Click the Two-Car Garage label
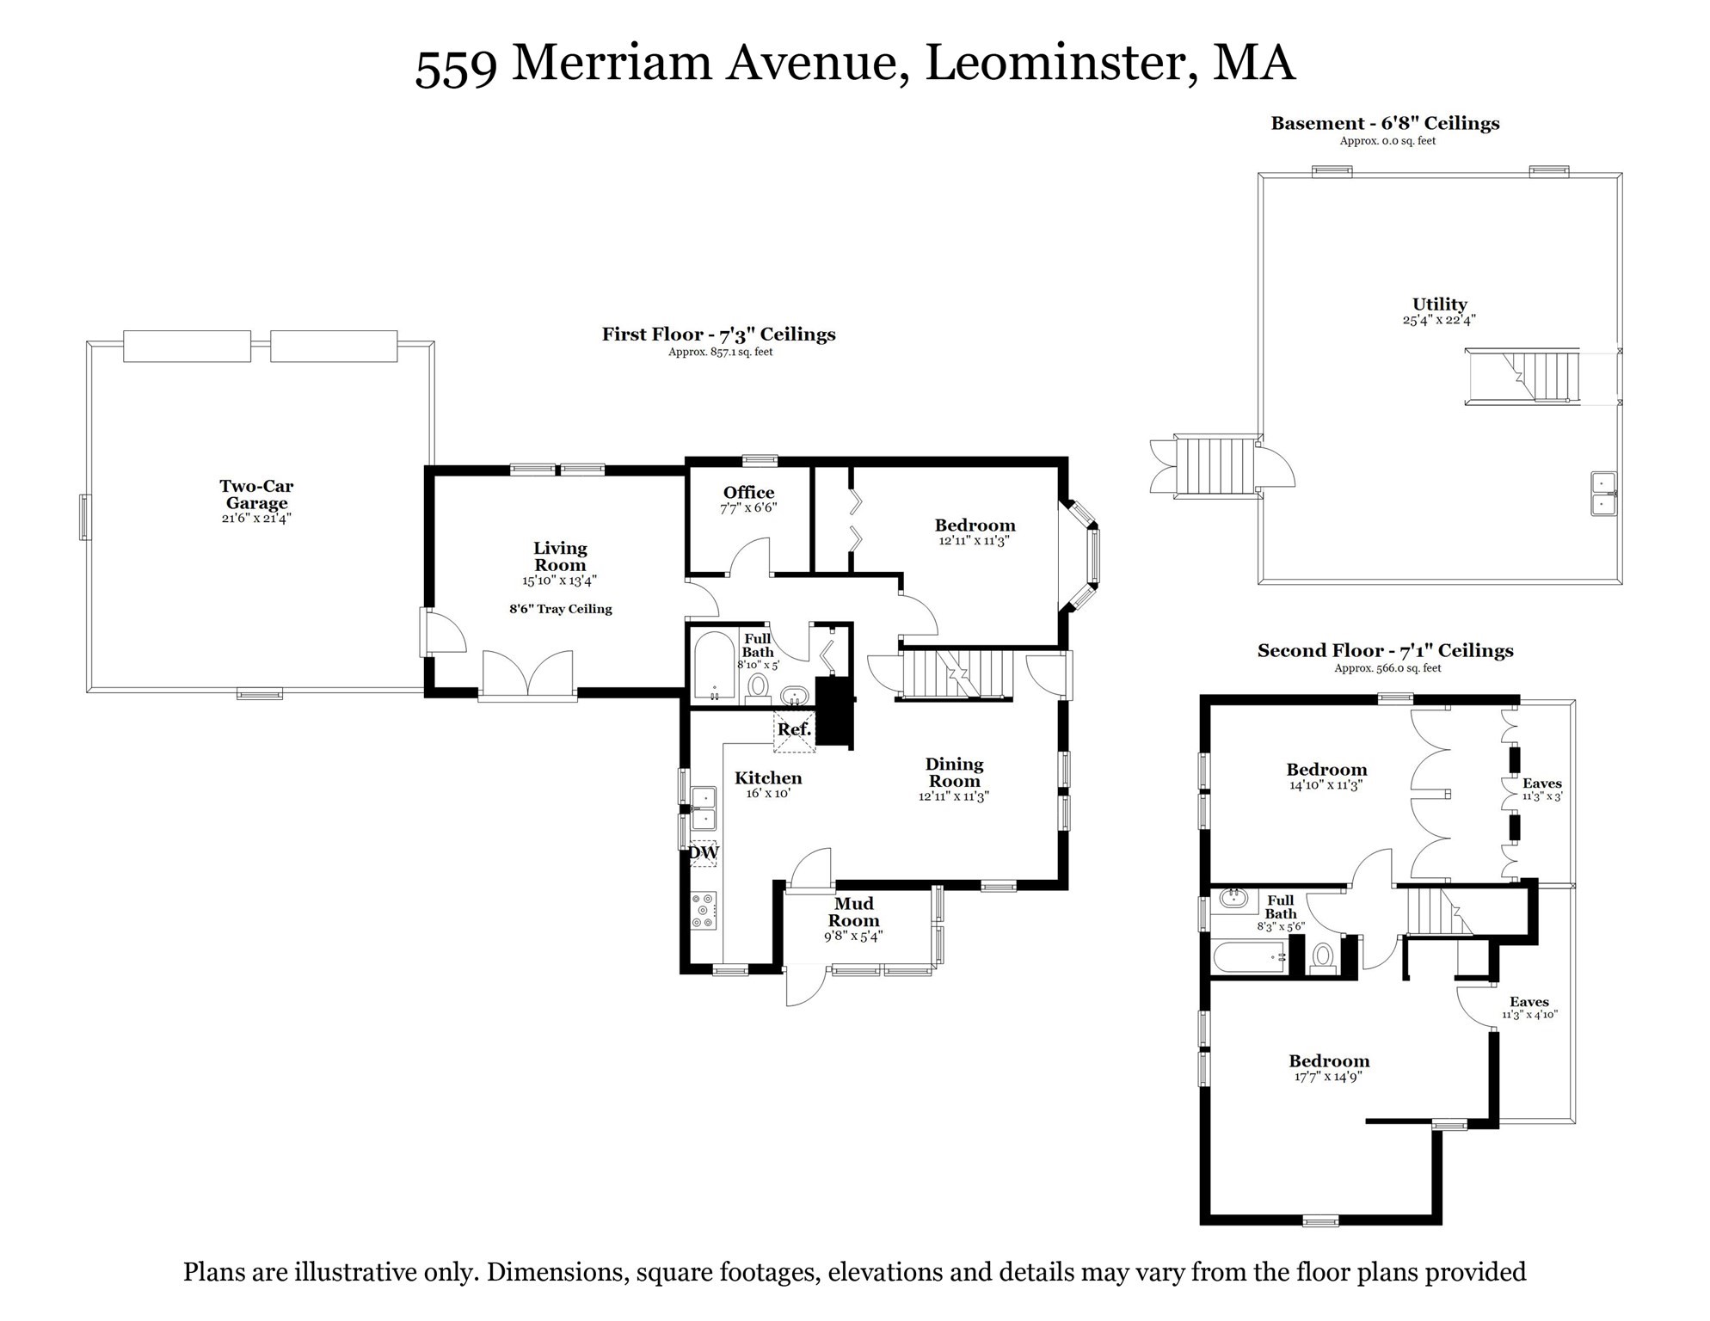[256, 495]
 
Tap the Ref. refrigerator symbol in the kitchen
[794, 730]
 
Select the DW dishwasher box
[704, 853]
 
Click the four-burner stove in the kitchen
[704, 910]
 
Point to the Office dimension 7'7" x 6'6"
[748, 508]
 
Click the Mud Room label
[853, 912]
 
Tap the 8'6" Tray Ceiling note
[561, 609]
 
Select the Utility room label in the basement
[1439, 304]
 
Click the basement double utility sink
[1602, 494]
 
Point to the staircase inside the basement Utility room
[1523, 377]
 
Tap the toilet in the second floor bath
[1322, 955]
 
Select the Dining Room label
[954, 772]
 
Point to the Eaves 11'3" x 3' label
[1541, 789]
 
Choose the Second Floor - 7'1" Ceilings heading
[1385, 651]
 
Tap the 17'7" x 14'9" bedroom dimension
[1328, 1077]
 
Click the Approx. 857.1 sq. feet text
[720, 352]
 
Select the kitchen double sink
[704, 808]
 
